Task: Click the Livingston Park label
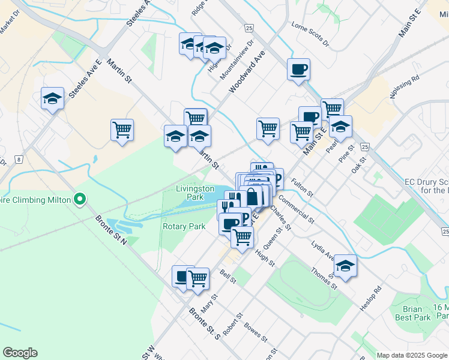coord(195,192)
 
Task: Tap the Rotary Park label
coord(184,226)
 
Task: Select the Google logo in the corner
coord(20,353)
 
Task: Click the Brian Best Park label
coord(413,313)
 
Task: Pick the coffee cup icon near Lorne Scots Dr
coord(298,69)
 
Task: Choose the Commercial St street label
coord(297,209)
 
